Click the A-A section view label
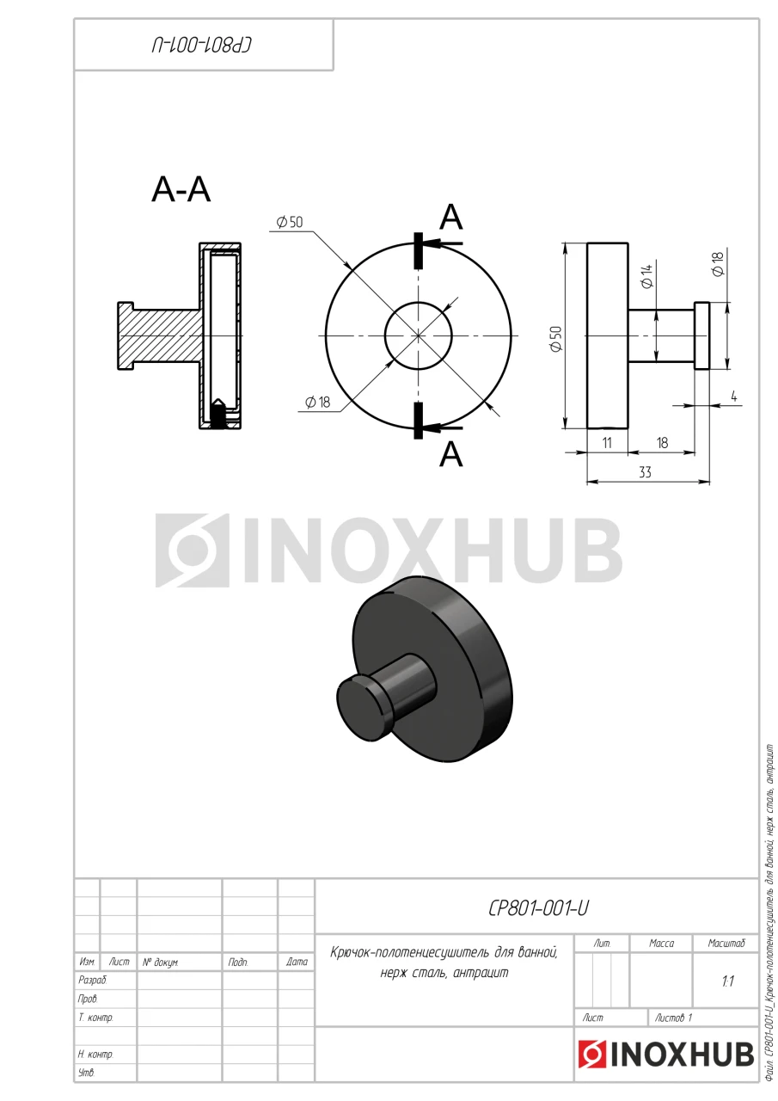click(181, 190)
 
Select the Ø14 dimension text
click(647, 276)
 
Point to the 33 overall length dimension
click(645, 472)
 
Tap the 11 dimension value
click(607, 443)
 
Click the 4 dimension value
click(734, 397)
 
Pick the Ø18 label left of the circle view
click(317, 403)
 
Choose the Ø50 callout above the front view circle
click(290, 222)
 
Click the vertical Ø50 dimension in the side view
click(555, 339)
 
